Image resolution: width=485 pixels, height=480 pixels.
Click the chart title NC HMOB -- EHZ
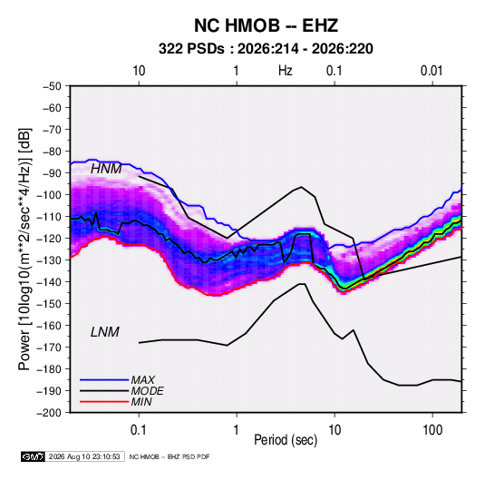266,25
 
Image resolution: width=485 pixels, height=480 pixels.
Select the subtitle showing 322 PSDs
266,49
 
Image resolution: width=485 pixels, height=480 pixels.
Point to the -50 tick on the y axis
52,86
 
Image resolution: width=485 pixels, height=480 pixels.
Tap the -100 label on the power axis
49,195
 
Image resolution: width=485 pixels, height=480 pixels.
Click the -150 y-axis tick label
49,304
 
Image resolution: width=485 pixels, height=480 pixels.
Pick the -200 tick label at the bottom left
49,413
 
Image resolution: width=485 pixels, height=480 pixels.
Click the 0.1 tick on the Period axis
139,429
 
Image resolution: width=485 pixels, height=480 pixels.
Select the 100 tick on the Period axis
432,429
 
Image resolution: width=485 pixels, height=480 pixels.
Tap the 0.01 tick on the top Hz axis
432,71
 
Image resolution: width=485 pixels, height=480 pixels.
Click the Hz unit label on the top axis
286,71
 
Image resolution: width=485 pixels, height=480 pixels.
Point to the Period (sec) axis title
286,440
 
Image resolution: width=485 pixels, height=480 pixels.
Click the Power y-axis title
24,250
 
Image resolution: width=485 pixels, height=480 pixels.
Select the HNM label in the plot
106,169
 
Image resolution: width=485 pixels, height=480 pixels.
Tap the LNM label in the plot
105,332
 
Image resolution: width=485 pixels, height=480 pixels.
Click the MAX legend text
143,379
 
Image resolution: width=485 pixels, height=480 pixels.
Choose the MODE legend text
147,391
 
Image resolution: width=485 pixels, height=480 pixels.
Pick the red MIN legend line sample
104,402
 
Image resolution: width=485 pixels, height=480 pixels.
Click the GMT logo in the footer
34,456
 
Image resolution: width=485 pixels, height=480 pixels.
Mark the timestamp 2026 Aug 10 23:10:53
84,456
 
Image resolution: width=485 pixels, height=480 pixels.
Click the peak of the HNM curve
301,187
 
